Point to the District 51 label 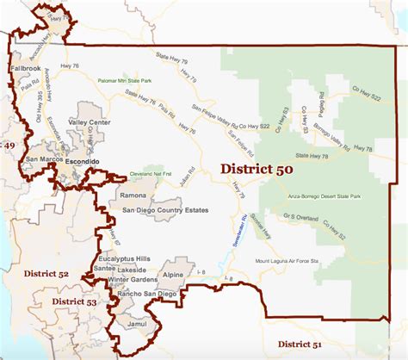pyautogui.click(x=293, y=345)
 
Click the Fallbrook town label pyautogui.click(x=26, y=66)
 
